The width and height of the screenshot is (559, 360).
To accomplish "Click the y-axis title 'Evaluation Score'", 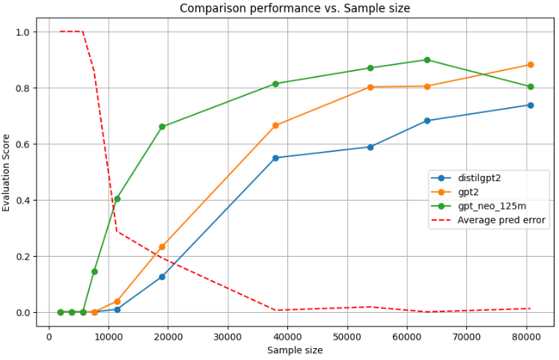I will coord(7,172).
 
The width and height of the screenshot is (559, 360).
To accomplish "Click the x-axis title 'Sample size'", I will coord(295,350).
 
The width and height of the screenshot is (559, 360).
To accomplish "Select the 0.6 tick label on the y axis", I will coord(22,144).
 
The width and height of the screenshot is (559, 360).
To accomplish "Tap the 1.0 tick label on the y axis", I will coord(22,32).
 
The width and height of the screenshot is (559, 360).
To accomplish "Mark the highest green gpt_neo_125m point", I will coord(427,60).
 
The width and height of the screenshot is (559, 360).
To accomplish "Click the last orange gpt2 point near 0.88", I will coord(530,65).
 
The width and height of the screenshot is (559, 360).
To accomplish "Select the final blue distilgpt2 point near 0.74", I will coord(530,105).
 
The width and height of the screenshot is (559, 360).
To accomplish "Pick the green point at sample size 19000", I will coord(162,126).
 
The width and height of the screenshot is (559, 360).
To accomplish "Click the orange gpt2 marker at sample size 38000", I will coord(275,125).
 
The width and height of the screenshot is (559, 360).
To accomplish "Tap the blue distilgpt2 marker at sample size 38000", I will coord(275,158).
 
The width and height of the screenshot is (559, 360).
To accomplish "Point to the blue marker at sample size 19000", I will coord(162,277).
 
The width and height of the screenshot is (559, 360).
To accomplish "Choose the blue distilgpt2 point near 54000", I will coord(370,147).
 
